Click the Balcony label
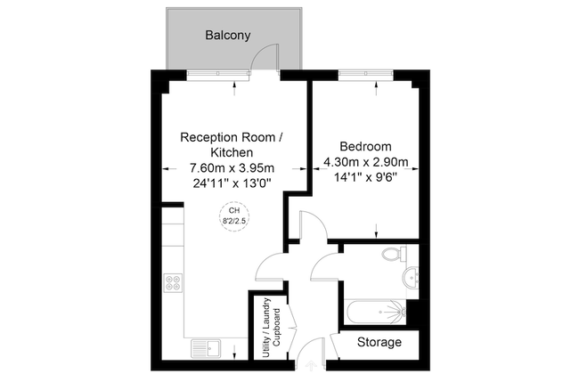pyautogui.click(x=228, y=37)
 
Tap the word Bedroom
pyautogui.click(x=365, y=146)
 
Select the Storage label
pyautogui.click(x=379, y=342)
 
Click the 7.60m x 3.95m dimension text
pyautogui.click(x=232, y=167)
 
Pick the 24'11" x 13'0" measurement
pyautogui.click(x=232, y=183)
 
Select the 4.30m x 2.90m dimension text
pyautogui.click(x=365, y=161)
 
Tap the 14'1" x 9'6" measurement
pyautogui.click(x=365, y=176)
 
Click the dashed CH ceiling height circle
pyautogui.click(x=234, y=215)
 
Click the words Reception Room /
pyautogui.click(x=232, y=137)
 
